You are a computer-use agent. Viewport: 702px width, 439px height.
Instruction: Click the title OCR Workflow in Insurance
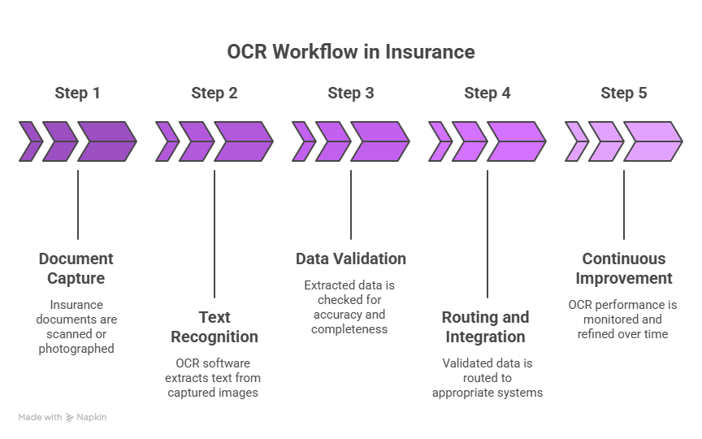coord(350,52)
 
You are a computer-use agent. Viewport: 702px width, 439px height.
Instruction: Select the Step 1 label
coord(77,93)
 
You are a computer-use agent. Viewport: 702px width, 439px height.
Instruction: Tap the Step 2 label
coord(214,93)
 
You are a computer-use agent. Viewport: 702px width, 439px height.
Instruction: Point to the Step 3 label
coord(351,93)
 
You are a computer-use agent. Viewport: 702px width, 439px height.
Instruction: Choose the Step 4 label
coord(487,93)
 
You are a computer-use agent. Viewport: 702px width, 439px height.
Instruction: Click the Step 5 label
coord(624,93)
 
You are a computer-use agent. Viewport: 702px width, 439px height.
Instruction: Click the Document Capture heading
coord(76,268)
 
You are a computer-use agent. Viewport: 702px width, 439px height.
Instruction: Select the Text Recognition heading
coord(214,327)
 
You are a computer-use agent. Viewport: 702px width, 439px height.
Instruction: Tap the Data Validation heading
coord(351,259)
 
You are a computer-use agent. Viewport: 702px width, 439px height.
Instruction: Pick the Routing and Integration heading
coord(485,327)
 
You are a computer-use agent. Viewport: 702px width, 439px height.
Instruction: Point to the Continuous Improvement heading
coord(624,268)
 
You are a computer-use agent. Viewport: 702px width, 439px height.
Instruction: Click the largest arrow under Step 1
coord(106,141)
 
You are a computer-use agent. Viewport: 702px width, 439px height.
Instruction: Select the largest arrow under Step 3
coord(379,141)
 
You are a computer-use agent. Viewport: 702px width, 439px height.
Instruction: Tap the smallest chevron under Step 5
coord(575,141)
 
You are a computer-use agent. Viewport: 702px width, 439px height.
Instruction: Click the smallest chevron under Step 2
coord(166,141)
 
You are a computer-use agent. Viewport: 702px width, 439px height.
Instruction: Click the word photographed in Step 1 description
coord(76,349)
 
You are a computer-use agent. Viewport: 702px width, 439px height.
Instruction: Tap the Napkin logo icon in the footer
coord(70,417)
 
